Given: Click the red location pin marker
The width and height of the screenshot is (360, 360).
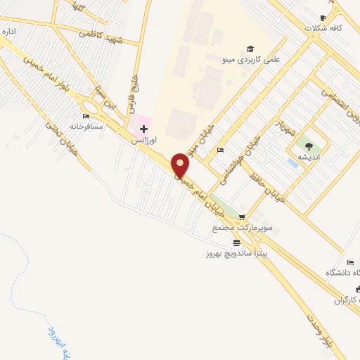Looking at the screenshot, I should coord(181,165).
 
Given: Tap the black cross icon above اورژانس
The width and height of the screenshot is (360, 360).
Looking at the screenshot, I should coord(143,129).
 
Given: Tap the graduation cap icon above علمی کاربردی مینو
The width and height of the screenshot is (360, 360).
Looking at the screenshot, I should coord(250,49).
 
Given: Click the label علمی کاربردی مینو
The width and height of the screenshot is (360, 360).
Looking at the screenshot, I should coord(251,60).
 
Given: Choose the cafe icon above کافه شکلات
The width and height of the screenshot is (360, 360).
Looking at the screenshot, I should coord(323,18).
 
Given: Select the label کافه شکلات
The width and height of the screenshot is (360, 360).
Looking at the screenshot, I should coord(323,29).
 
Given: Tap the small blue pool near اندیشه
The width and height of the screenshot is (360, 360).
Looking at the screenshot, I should coord(292,163).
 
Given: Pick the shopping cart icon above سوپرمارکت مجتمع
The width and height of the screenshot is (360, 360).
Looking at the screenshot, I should coord(243,217).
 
